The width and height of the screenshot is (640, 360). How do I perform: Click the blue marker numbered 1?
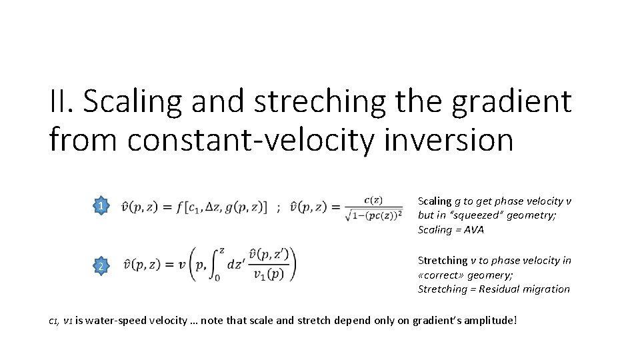(x=100, y=207)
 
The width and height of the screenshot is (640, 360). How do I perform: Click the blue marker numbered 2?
(x=100, y=267)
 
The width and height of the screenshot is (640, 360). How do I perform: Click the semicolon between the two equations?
(x=278, y=207)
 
